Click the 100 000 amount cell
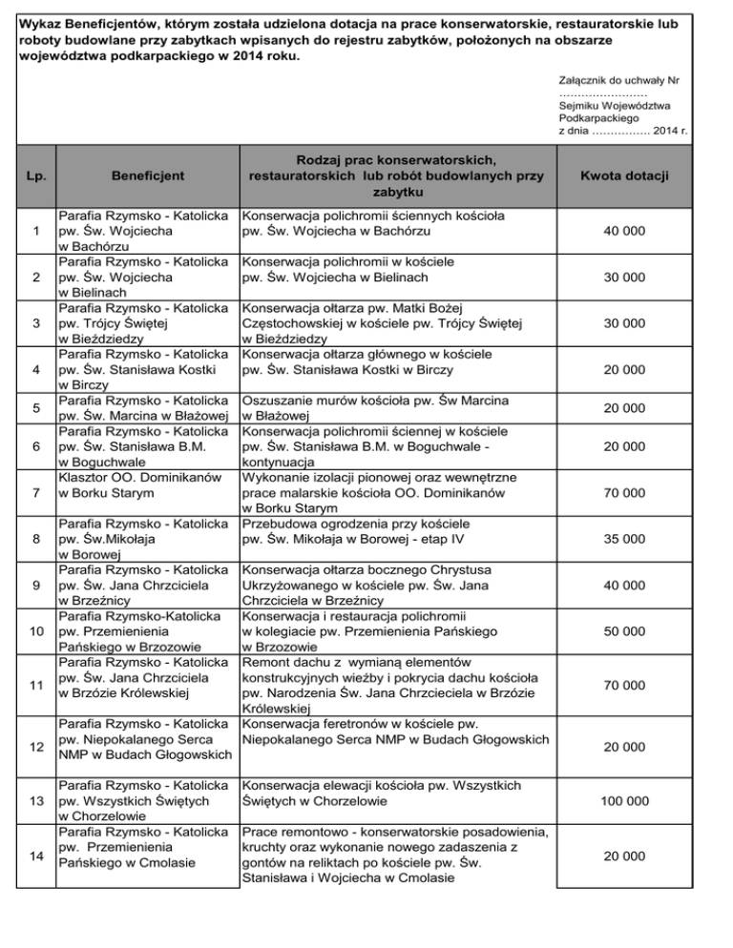(627, 804)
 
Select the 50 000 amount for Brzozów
(627, 632)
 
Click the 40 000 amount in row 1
(627, 232)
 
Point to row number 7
(35, 493)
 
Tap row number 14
(35, 857)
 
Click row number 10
(35, 632)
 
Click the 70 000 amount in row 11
(627, 684)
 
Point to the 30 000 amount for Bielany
(627, 278)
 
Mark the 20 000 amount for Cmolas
(627, 857)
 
